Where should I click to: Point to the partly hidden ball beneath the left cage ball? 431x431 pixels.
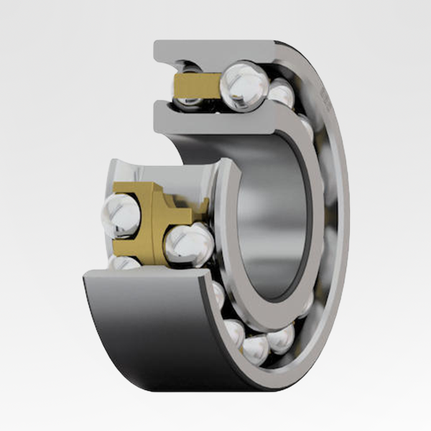coord(124,263)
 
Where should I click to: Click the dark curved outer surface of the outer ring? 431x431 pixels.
coord(144,323)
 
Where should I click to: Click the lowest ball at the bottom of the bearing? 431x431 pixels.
coord(254,349)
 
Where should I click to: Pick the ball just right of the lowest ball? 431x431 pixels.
coord(281,338)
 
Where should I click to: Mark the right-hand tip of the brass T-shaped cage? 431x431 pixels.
coord(204,208)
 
